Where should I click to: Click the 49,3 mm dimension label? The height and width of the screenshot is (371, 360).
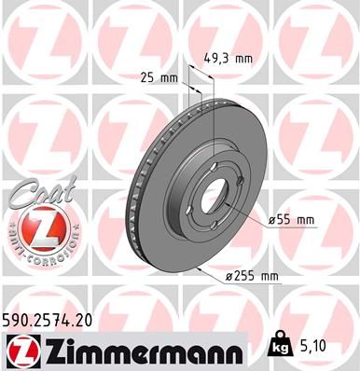point(230,58)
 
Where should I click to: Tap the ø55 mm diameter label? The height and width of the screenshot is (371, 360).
point(291,219)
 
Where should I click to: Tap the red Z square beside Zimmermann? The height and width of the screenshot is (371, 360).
point(20,350)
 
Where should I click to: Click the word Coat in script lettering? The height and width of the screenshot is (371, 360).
point(36,191)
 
